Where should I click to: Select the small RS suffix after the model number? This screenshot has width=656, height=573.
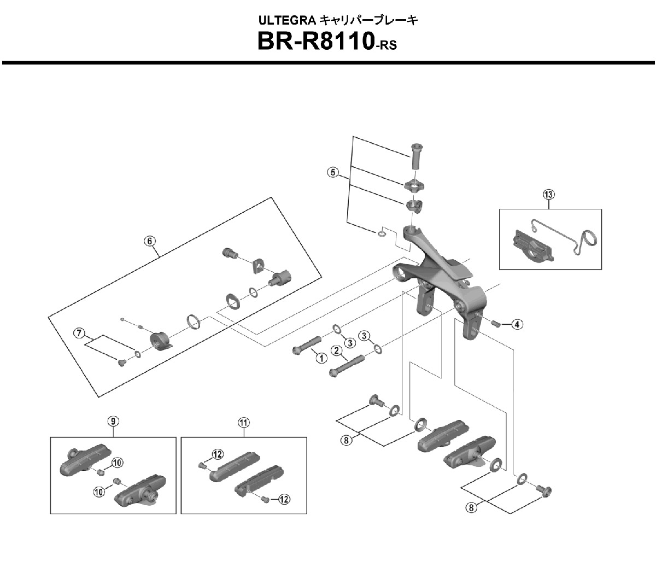click(385, 46)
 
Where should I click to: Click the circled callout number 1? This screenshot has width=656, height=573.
click(320, 358)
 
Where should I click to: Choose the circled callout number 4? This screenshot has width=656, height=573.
click(517, 325)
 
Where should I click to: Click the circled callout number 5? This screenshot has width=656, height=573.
click(332, 172)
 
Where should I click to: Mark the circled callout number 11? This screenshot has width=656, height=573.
click(243, 422)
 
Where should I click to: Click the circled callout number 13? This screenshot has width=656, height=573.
click(549, 194)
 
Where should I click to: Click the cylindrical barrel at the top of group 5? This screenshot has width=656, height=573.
click(418, 156)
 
